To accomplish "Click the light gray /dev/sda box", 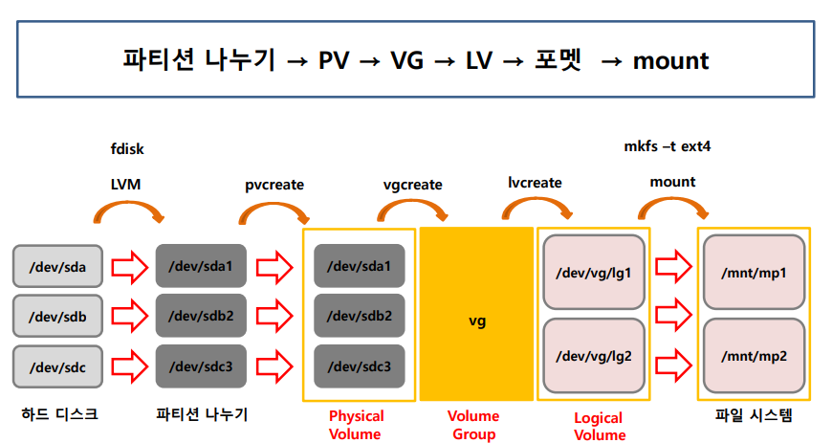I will [x=58, y=267].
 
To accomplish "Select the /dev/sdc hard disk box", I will [x=58, y=366].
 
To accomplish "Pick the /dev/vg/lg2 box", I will [x=594, y=356].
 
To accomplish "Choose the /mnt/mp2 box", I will [x=755, y=356].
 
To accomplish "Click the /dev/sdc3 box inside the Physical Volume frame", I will [x=360, y=366].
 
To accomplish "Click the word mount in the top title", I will [x=670, y=61].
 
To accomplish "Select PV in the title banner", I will [x=334, y=61].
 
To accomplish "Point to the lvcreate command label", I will [x=535, y=182].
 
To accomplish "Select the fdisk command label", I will [x=127, y=148].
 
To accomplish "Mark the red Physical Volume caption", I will [x=356, y=425].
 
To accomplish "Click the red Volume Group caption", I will [x=473, y=425].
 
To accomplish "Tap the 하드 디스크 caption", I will [x=59, y=415].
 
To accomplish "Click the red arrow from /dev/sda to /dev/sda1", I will [x=128, y=267].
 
